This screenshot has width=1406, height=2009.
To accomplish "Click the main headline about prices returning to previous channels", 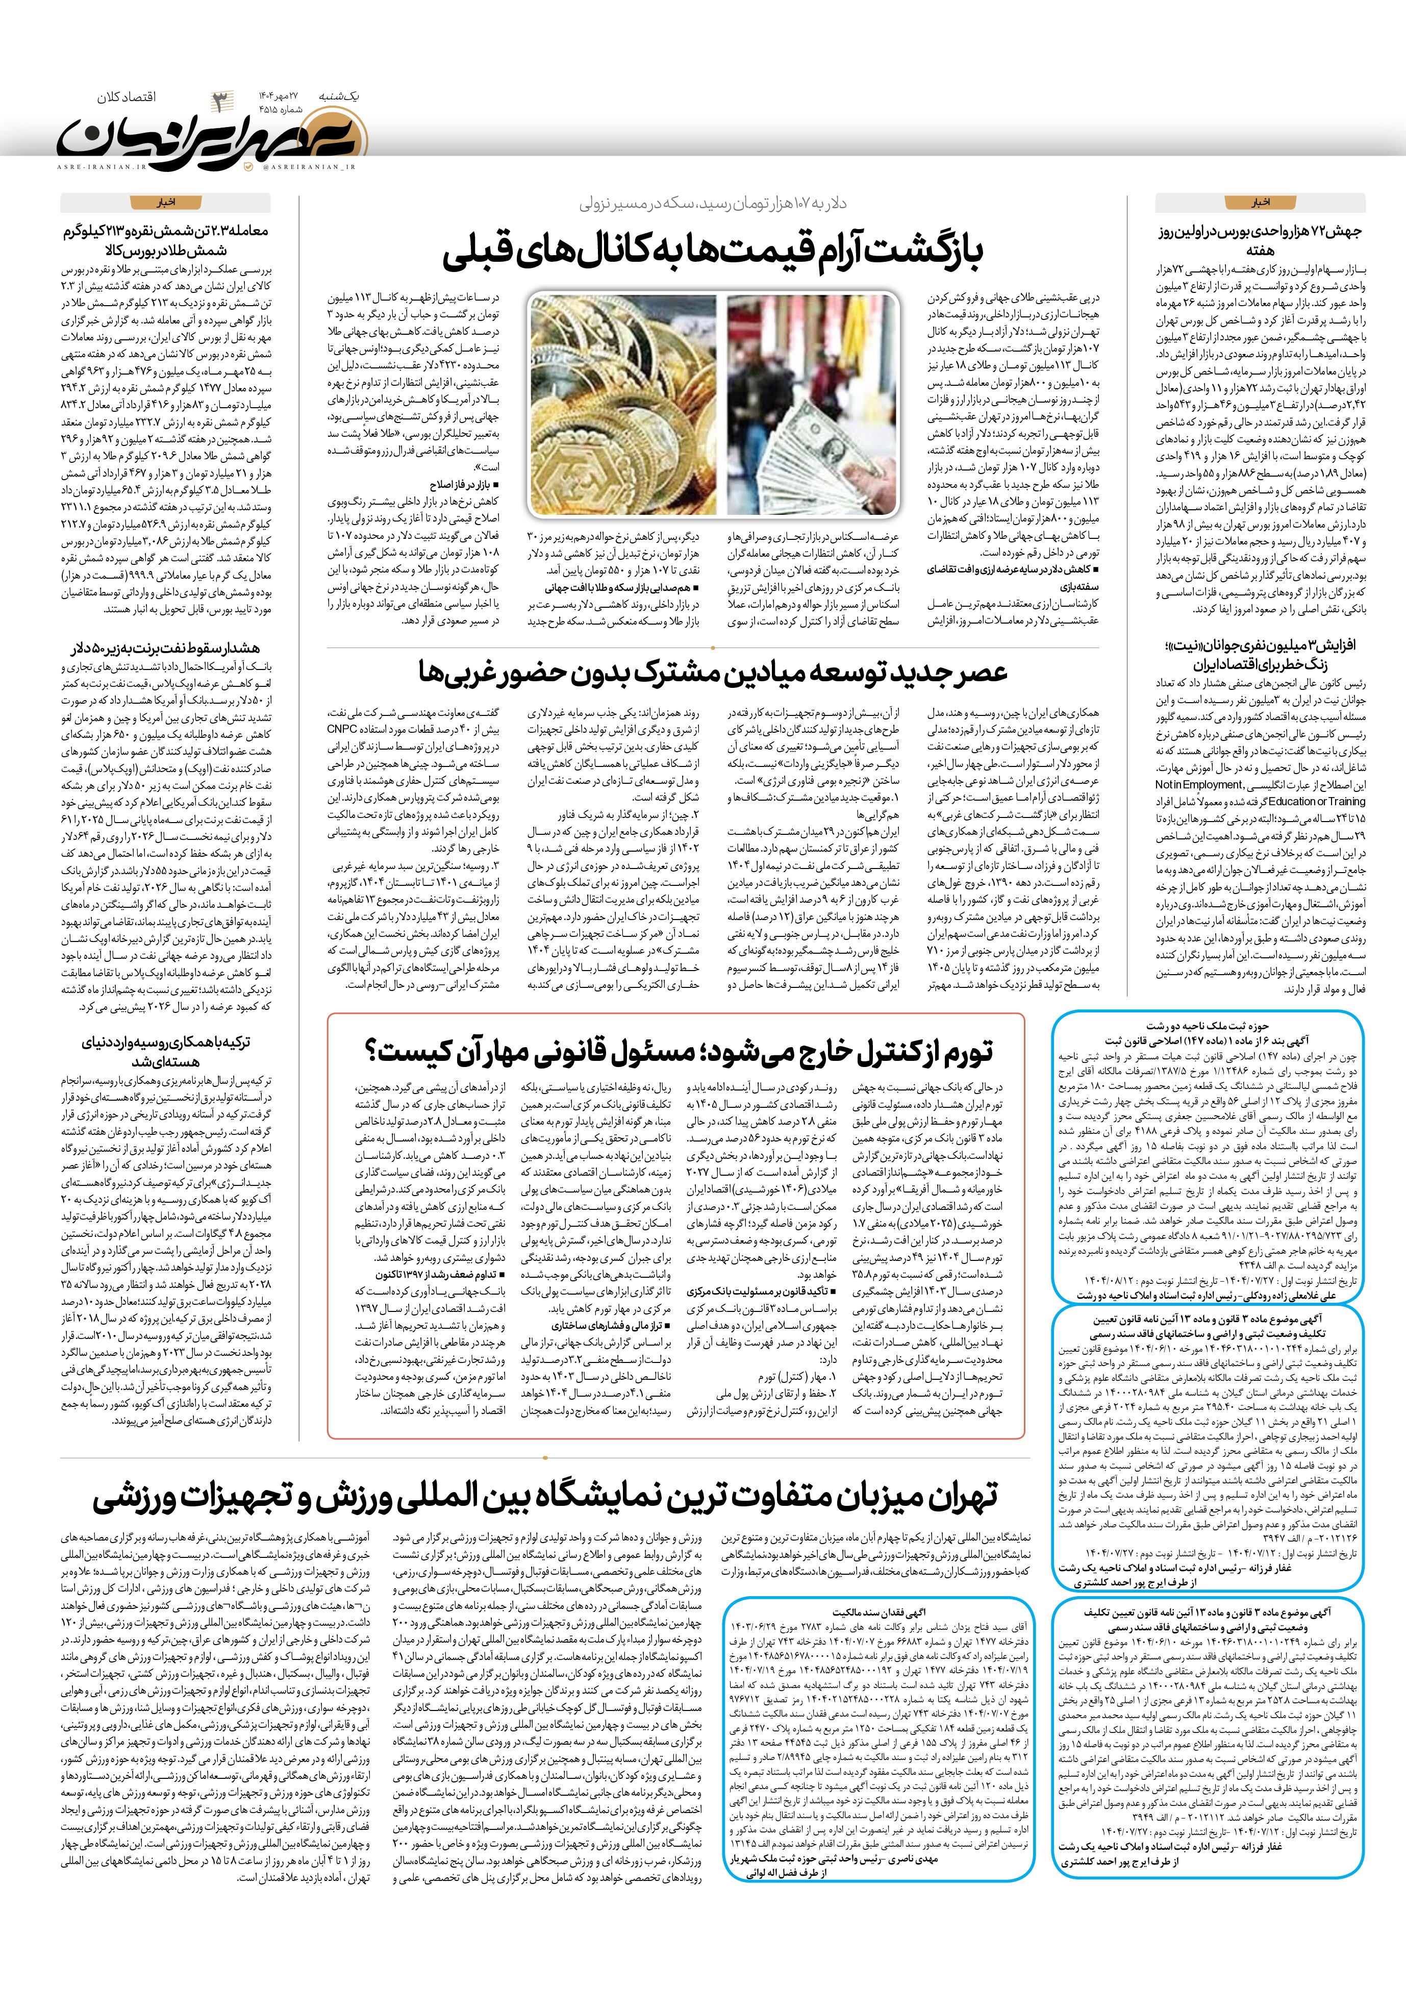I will tap(713, 251).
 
